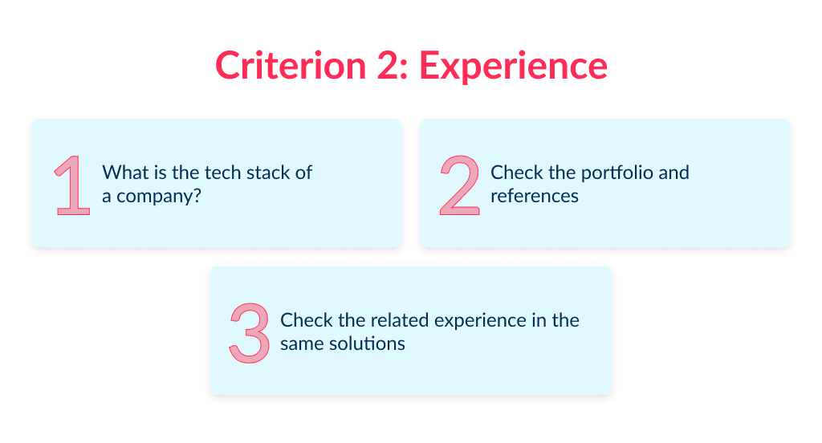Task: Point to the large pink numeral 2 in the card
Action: pos(459,185)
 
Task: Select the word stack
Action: pos(258,173)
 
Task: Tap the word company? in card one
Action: pos(158,197)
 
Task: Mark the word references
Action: pos(535,196)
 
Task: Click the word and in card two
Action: pos(674,173)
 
